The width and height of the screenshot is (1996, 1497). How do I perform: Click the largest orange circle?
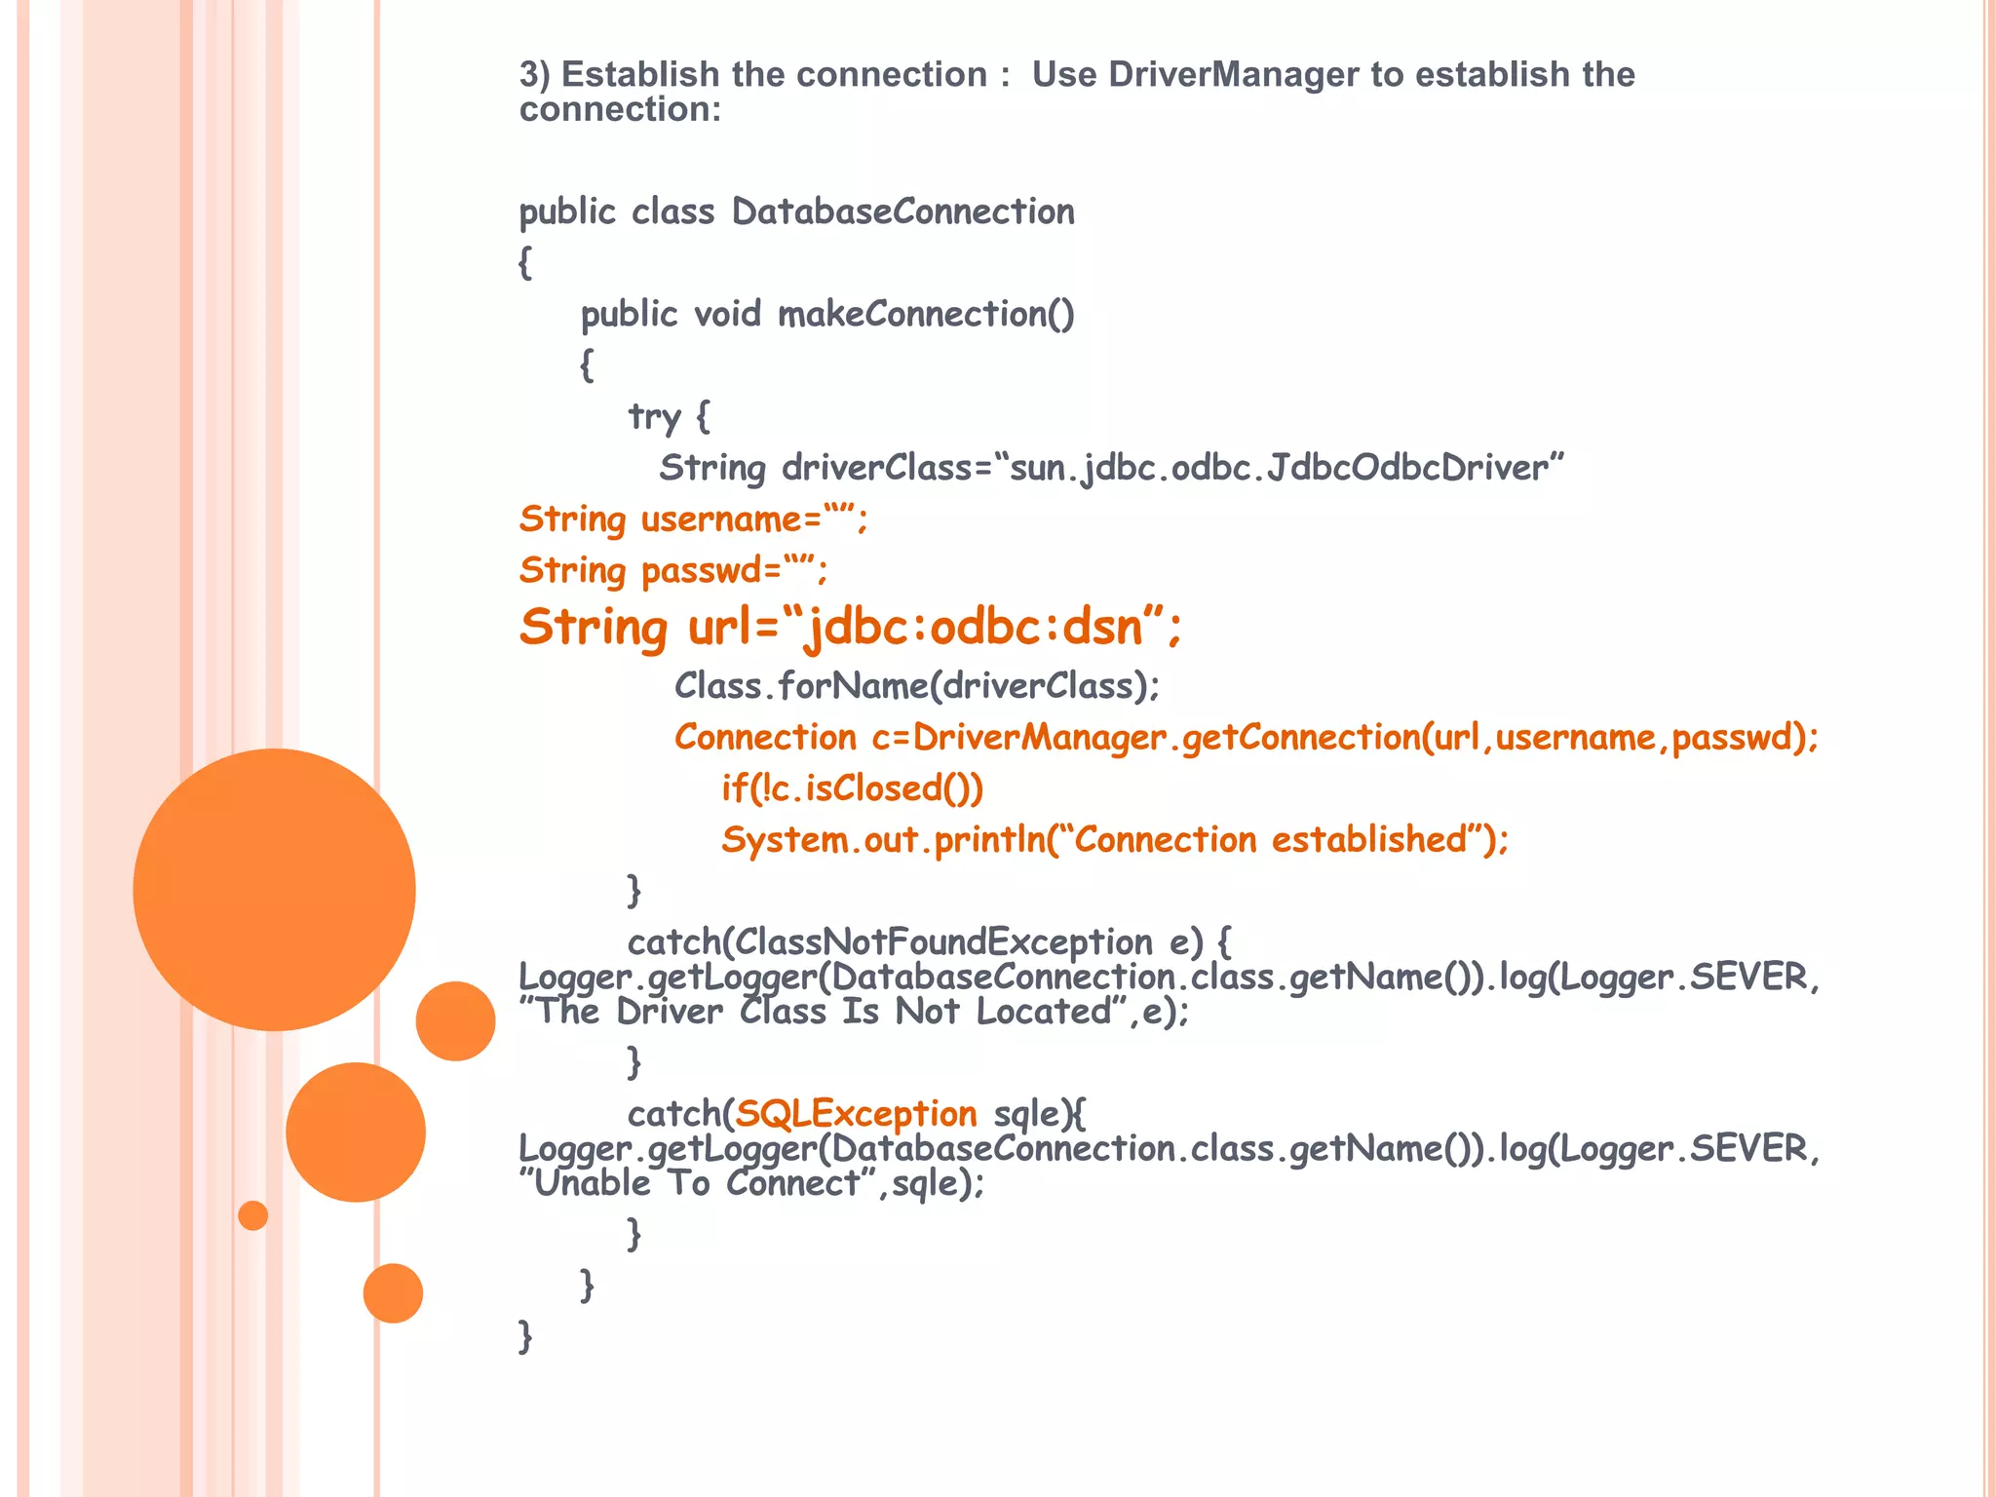click(x=274, y=889)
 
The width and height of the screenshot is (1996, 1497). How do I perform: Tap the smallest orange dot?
click(x=253, y=1215)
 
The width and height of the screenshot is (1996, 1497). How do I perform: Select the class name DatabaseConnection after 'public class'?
click(x=902, y=211)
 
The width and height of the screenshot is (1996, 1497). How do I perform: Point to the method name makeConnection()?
click(x=926, y=314)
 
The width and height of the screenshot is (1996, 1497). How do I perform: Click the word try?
click(x=654, y=416)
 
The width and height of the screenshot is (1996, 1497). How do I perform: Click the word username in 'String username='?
click(x=721, y=519)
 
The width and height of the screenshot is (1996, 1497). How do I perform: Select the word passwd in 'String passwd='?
click(x=702, y=570)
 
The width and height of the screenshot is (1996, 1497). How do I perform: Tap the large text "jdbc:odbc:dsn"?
click(x=975, y=627)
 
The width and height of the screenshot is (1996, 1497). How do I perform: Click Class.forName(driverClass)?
click(x=917, y=686)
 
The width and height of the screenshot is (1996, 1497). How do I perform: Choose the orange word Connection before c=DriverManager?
click(x=765, y=738)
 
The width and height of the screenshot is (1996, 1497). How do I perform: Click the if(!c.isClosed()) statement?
click(x=852, y=788)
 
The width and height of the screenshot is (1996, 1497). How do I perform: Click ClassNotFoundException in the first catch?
click(x=943, y=942)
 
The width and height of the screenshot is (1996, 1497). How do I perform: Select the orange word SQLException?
click(x=856, y=1114)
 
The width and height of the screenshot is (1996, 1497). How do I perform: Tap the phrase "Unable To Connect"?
click(x=697, y=1184)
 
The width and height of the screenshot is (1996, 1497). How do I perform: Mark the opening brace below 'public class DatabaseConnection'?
click(x=525, y=263)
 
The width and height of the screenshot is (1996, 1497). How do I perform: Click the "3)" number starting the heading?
click(x=534, y=74)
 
